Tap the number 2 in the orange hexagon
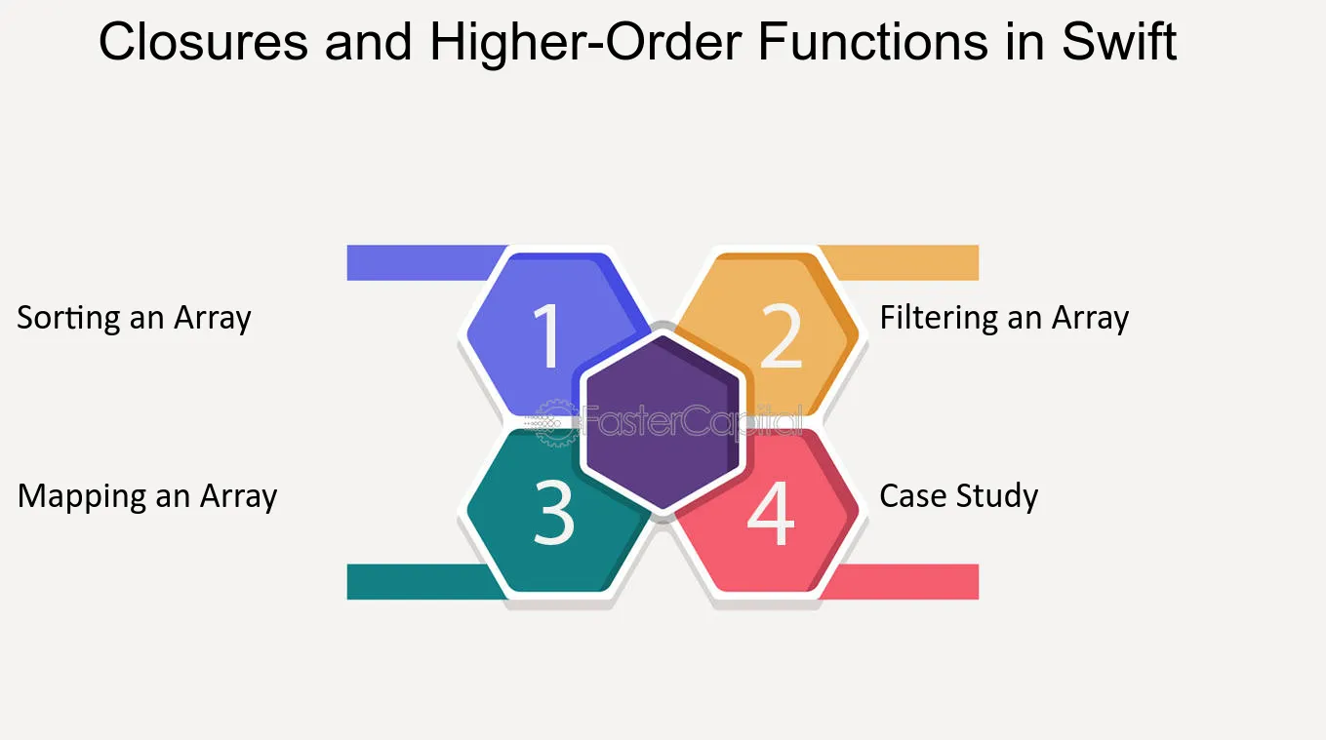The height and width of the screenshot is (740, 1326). [x=782, y=335]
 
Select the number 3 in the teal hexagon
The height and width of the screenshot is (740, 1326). [x=554, y=512]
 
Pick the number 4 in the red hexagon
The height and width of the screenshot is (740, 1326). [x=770, y=512]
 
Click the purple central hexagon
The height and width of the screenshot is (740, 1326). [x=663, y=422]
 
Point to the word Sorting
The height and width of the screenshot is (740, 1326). [x=68, y=318]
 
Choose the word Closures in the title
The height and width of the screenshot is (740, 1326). [x=203, y=41]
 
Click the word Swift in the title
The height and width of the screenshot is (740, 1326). [x=1119, y=41]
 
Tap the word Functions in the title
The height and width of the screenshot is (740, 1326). [x=872, y=41]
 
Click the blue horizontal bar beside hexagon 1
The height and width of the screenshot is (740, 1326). [x=423, y=262]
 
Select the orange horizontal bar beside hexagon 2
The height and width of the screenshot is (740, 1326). [x=900, y=262]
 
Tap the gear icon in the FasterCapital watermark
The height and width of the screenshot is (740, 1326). [x=556, y=423]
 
